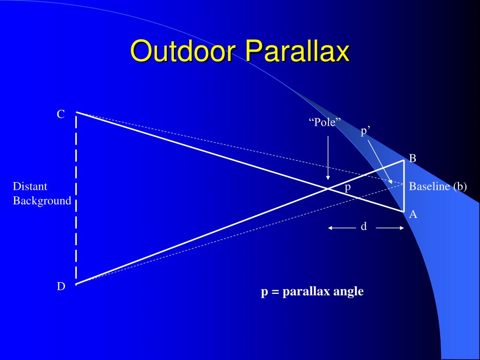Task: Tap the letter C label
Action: pos(60,114)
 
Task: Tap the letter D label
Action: pos(61,286)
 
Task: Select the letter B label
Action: pos(412,158)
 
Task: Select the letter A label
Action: pos(413,214)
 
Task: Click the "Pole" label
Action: pos(325,122)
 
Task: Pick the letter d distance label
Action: pos(364,226)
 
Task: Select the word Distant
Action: pos(30,187)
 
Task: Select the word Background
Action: pos(42,201)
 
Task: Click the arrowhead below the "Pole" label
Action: pos(328,178)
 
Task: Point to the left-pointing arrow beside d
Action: pos(342,228)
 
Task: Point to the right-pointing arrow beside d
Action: pos(390,228)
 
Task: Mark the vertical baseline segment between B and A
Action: pos(404,186)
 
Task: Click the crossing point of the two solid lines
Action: pos(328,188)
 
